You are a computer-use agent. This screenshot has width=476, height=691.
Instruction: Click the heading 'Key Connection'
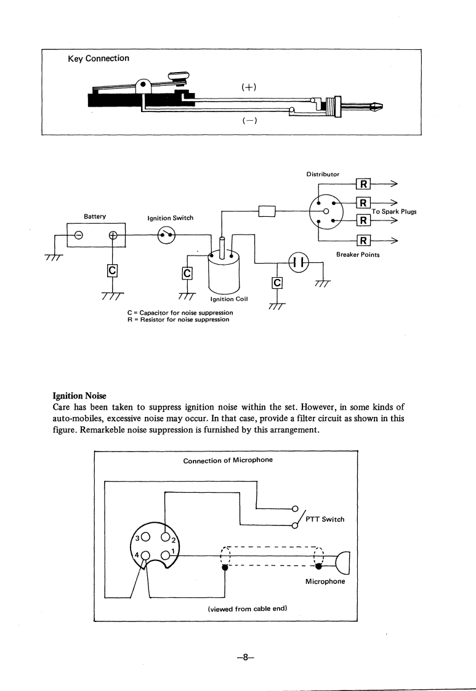99,59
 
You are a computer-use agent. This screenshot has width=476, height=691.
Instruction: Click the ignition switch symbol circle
167,235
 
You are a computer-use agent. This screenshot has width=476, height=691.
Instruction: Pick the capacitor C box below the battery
112,271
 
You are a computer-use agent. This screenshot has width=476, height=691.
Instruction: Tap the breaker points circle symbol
298,262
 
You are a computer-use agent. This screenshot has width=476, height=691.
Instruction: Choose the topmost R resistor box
363,183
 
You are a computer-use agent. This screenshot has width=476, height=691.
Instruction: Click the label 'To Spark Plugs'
394,212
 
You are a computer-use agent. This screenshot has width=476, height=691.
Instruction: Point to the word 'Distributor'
323,174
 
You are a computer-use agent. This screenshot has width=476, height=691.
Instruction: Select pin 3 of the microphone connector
145,519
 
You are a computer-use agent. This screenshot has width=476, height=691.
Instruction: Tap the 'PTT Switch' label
324,518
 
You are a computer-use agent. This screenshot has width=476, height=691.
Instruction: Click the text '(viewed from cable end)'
244,608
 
